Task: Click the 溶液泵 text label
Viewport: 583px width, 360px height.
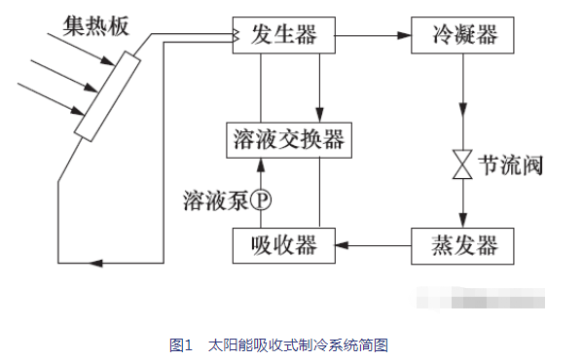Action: [x=214, y=200]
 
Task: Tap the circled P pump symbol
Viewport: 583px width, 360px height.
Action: [x=260, y=200]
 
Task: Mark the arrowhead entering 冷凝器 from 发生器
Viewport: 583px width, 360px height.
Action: [x=403, y=35]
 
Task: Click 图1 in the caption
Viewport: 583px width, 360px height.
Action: [x=179, y=345]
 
